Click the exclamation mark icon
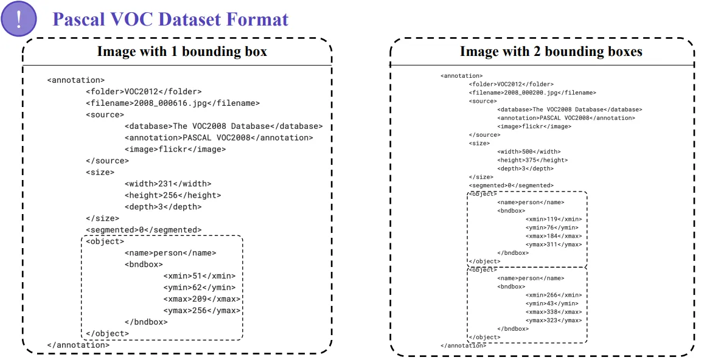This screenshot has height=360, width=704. pos(18,19)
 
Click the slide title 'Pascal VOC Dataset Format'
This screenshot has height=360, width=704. pos(170,19)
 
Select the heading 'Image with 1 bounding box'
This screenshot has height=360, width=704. pos(182,52)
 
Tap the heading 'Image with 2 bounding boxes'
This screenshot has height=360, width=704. pos(551,52)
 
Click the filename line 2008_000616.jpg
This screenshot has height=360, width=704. pos(173,103)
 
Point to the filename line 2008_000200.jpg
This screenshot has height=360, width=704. pos(532,93)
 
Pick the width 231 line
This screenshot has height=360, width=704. pos(168,184)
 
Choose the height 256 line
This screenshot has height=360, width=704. pos(173,195)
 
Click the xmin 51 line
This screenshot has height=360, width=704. pos(200,276)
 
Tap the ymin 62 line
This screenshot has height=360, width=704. pos(200,288)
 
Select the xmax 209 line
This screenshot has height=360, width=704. pos(202,299)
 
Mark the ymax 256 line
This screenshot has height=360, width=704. pos(202,311)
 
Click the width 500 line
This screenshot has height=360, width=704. pos(529,151)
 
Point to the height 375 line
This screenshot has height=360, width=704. pos(532,161)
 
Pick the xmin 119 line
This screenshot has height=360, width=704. pos(554,220)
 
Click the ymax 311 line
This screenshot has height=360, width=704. pos(554,244)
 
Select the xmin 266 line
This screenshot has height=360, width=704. pos(554,296)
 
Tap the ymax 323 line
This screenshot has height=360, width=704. pos(554,320)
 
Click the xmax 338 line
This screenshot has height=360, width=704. pos(554,312)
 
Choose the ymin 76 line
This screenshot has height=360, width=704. pos(552,228)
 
